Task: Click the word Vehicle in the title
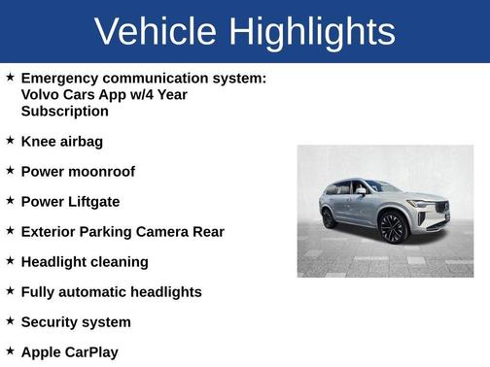pos(155,31)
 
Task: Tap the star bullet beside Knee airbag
pos(10,140)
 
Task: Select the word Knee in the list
pos(38,142)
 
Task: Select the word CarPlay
pos(91,352)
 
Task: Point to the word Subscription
pos(65,111)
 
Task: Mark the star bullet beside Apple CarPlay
pos(10,350)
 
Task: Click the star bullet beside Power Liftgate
pos(10,200)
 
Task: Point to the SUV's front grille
pos(437,208)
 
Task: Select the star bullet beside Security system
pos(10,320)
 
